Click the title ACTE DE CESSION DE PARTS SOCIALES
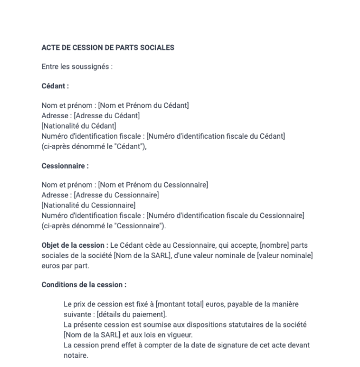[108, 48]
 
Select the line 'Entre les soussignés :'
[77, 67]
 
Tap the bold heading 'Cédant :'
[55, 86]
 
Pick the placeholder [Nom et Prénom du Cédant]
[143, 105]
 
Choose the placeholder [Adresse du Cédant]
[106, 115]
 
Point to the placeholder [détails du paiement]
[136, 314]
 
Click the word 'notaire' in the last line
[75, 356]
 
